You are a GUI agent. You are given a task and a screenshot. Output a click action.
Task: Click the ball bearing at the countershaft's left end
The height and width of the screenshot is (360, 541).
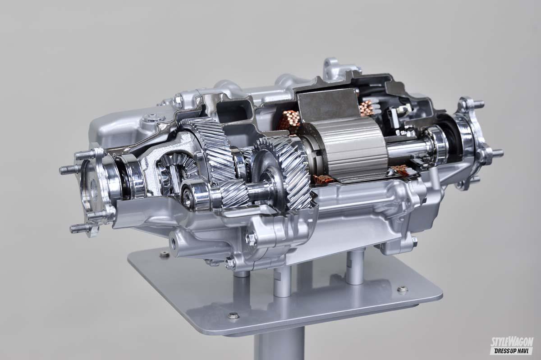point(191,195)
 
